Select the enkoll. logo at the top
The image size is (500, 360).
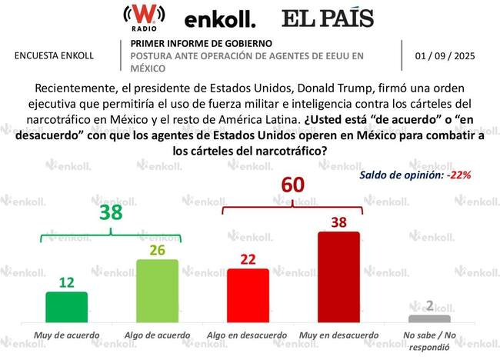tap(220, 18)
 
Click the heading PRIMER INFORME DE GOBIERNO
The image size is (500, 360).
tap(201, 43)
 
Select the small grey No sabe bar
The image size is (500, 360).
tap(429, 318)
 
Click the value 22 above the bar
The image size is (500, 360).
tap(248, 259)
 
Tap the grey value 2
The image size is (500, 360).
tap(429, 305)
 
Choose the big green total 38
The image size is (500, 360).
tap(111, 212)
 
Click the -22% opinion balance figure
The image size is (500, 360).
tap(458, 175)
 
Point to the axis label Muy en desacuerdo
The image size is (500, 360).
tap(339, 335)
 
